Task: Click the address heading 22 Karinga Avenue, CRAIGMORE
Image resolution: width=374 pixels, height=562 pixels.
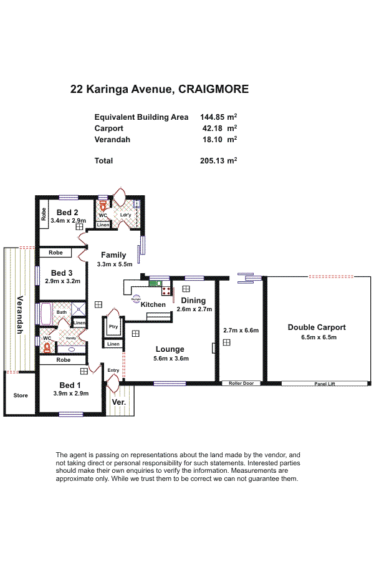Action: click(160, 89)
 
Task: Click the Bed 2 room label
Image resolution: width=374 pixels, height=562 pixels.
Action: click(67, 212)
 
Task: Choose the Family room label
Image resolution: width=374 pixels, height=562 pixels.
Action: click(113, 254)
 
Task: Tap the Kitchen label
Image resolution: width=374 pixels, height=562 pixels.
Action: click(153, 304)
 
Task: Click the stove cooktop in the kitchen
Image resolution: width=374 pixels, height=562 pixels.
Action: click(166, 290)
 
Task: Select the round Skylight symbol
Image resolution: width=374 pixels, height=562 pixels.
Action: click(136, 298)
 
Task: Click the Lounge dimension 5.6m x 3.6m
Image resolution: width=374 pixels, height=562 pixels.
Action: click(170, 358)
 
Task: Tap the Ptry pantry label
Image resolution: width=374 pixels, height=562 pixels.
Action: click(113, 326)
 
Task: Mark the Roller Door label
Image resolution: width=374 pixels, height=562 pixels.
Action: click(241, 384)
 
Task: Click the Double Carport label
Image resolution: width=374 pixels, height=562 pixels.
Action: click(316, 327)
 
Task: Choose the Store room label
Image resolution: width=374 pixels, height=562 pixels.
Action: click(21, 395)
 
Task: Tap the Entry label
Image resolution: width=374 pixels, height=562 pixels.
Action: click(113, 371)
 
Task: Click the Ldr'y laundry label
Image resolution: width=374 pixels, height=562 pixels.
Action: click(125, 215)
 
